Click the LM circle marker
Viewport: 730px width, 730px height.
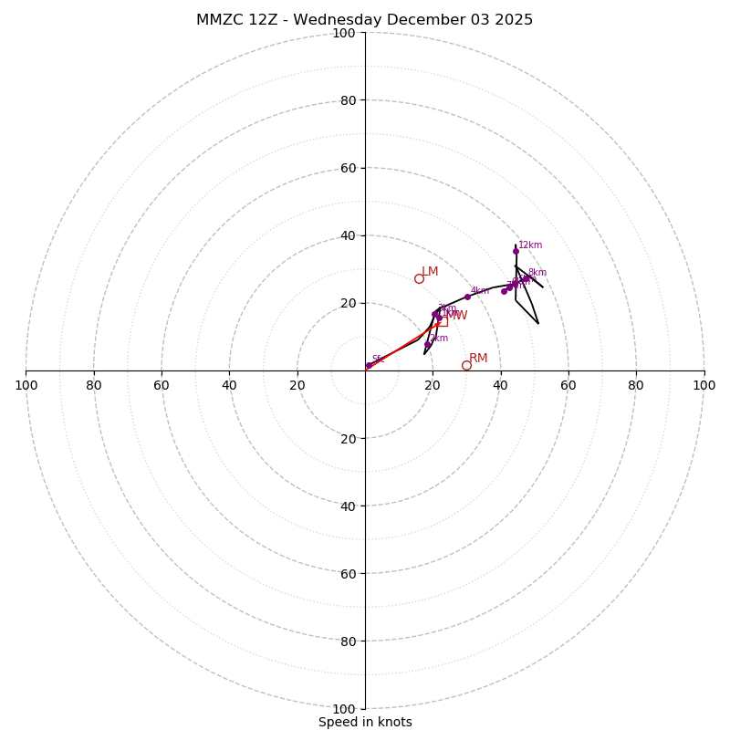coord(419,278)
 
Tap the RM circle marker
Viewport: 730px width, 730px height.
coord(466,365)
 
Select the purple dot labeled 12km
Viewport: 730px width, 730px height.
coord(516,251)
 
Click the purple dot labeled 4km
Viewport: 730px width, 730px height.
coord(467,297)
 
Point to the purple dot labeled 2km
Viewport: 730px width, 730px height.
coord(427,345)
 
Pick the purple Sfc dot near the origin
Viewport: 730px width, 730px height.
coord(369,365)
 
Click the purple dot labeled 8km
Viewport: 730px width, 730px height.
coord(527,278)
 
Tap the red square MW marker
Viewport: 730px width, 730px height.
coord(443,321)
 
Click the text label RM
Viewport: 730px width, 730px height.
coord(478,359)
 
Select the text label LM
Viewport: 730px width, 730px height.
coord(430,272)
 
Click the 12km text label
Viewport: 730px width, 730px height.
coord(530,245)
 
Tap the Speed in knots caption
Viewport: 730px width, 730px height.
coord(365,722)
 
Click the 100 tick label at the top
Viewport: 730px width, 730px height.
coord(344,33)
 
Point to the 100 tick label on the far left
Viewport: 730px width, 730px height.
coord(26,385)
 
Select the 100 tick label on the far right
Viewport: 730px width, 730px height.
coord(704,385)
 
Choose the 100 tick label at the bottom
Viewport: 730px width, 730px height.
coord(344,708)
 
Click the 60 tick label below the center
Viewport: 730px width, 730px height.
coord(348,573)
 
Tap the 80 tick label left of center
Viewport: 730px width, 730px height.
coord(94,385)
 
